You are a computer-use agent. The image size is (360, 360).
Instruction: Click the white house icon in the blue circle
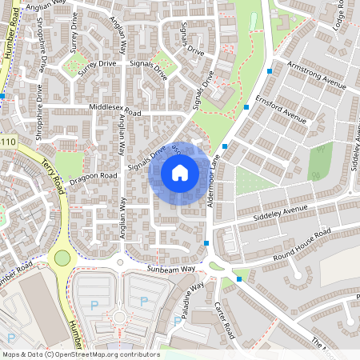(x=180, y=173)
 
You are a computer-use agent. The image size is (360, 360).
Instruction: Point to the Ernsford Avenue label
(x=281, y=113)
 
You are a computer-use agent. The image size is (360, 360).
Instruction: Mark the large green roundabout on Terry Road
(x=62, y=258)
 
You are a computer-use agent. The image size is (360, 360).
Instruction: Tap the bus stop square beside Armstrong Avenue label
(x=270, y=71)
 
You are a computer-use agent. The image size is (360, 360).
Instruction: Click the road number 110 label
(x=8, y=142)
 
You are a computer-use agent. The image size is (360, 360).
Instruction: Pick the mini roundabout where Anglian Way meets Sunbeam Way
(x=121, y=262)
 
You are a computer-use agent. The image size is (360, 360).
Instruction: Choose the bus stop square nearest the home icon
(x=225, y=146)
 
